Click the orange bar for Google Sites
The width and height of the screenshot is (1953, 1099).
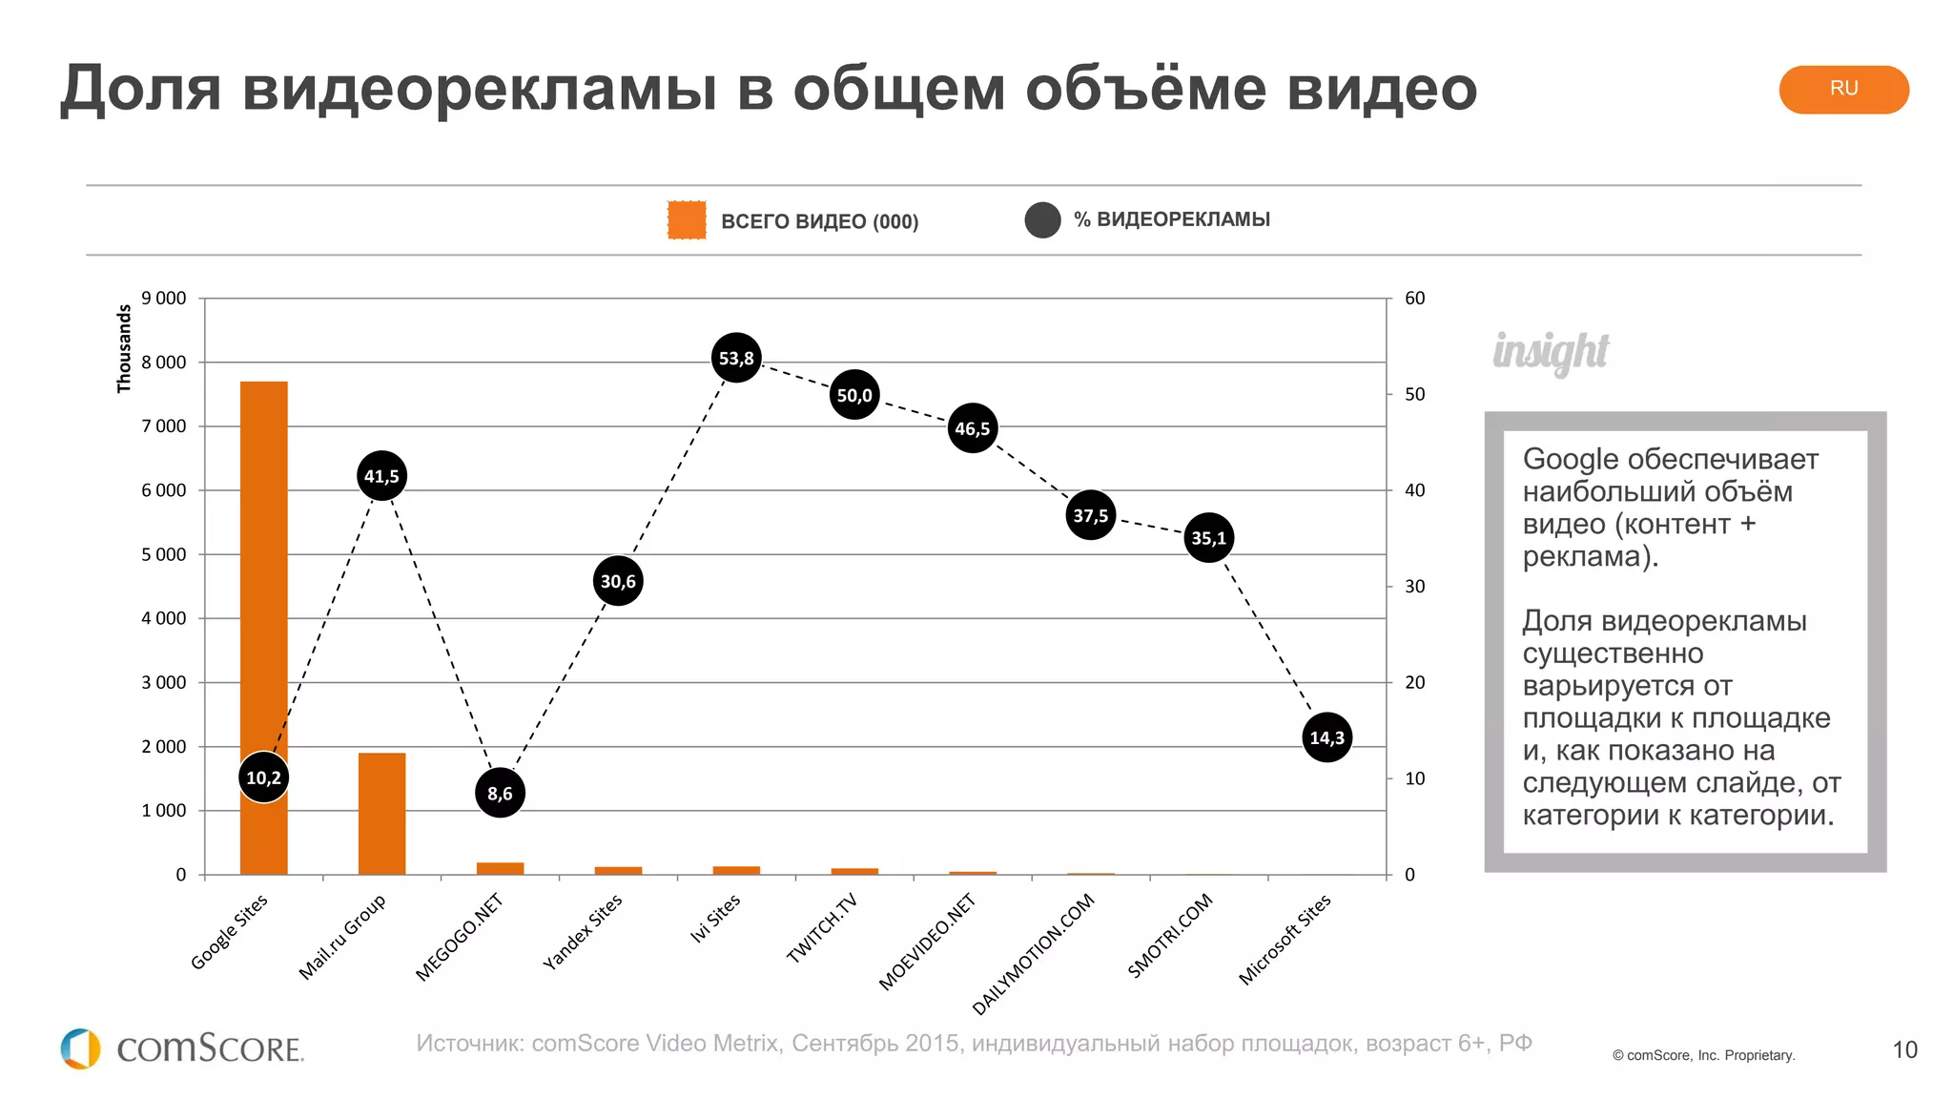coord(263,572)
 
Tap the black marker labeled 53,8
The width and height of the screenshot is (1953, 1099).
coord(736,359)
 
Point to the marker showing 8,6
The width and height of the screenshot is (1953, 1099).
coord(500,793)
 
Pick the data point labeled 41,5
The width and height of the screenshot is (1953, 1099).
coord(381,476)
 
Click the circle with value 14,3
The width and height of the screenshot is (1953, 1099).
coord(1326,737)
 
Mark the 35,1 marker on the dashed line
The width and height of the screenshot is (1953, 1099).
coord(1208,538)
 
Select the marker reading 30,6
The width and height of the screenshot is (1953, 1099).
coord(618,581)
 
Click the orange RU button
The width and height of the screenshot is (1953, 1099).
coord(1842,89)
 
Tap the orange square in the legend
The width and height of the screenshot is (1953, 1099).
coord(687,220)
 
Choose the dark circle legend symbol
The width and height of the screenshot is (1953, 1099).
coord(1042,220)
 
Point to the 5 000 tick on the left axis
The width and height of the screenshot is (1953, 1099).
coord(164,554)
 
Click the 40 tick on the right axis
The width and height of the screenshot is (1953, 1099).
coord(1414,490)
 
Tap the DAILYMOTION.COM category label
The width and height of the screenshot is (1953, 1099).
coord(1034,954)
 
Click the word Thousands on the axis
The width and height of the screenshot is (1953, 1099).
coord(124,348)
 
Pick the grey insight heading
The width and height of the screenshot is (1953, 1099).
coord(1551,351)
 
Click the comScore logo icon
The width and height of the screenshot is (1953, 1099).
coord(80,1048)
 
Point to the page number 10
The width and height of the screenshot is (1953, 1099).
coord(1903,1050)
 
